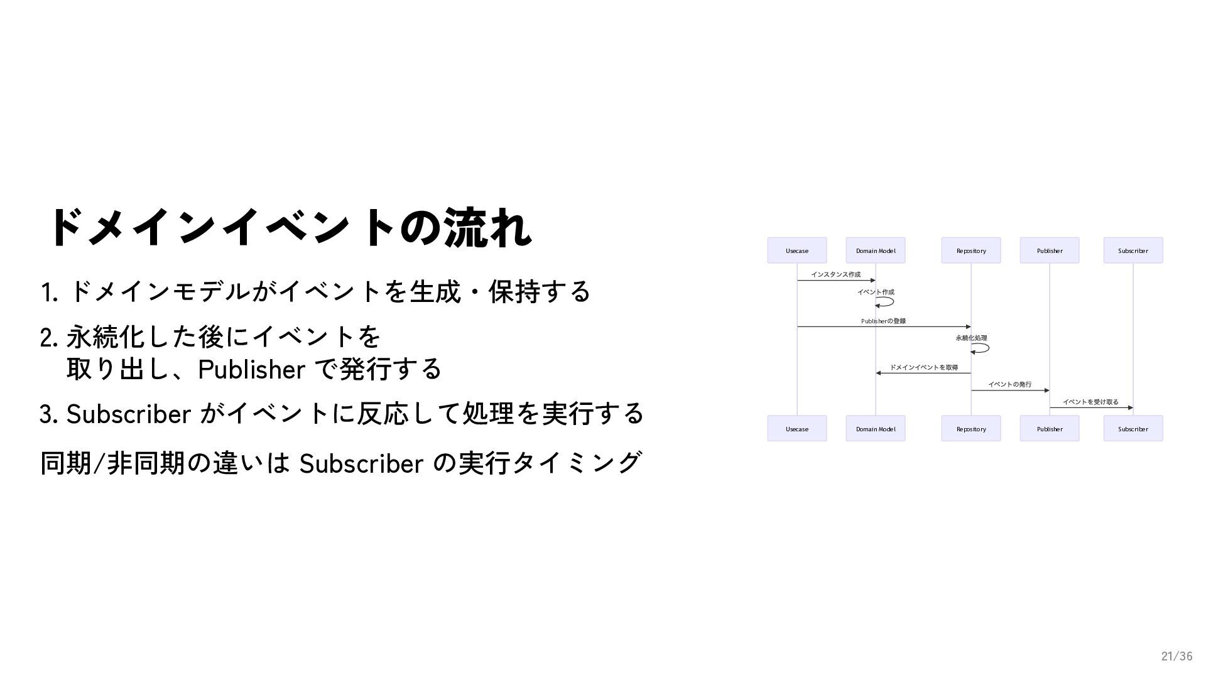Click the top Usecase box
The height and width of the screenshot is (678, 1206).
796,250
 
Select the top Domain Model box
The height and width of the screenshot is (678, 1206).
875,250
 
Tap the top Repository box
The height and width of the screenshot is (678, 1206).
970,250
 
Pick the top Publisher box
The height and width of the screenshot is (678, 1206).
1049,250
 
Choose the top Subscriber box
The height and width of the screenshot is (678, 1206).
1133,250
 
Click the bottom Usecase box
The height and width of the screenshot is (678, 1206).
796,429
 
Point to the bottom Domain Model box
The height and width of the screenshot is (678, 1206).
875,429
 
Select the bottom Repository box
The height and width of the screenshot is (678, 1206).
970,429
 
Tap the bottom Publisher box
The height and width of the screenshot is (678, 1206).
1049,429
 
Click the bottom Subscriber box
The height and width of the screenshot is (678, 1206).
1133,429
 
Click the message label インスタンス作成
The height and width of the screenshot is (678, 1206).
835,274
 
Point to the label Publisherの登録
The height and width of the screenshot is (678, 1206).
883,321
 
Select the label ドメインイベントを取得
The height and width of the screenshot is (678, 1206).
923,368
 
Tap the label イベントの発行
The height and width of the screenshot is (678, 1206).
1009,385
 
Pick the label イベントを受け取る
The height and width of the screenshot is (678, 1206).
1090,402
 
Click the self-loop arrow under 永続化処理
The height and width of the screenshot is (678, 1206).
982,348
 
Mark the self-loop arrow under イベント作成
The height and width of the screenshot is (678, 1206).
886,302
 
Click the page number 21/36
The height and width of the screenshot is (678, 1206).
1176,657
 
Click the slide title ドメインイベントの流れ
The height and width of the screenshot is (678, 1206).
289,227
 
